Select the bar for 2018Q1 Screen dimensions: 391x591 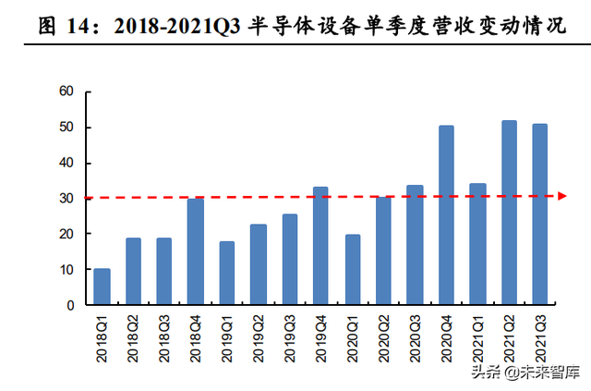pyautogui.click(x=102, y=287)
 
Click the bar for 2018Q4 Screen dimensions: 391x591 pyautogui.click(x=195, y=251)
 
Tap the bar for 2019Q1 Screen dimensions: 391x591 pyautogui.click(x=226, y=273)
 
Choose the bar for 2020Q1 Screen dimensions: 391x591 pyautogui.click(x=352, y=269)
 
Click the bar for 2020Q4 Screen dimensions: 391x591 pyautogui.click(x=446, y=215)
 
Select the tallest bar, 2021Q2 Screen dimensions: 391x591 pyautogui.click(x=509, y=213)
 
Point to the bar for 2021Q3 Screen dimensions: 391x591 pyautogui.click(x=540, y=214)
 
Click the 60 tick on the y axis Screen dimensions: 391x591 pyautogui.click(x=66, y=92)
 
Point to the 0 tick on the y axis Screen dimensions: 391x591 pyautogui.click(x=69, y=305)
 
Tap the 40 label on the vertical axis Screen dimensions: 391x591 pyautogui.click(x=66, y=163)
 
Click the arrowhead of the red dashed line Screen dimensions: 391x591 pyautogui.click(x=561, y=196)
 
